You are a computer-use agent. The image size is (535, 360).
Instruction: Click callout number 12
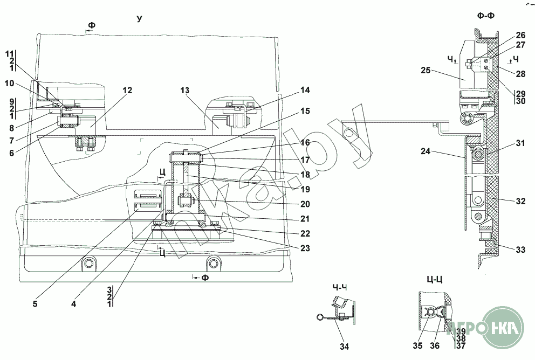tap(127, 91)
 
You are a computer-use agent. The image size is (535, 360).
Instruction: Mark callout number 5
tap(35, 303)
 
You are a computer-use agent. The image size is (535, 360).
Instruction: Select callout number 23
tap(305, 249)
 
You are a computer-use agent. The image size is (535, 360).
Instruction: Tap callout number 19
tap(305, 189)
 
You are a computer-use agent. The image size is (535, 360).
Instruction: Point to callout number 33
tap(520, 250)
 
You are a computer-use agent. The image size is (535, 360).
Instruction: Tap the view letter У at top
tap(140, 19)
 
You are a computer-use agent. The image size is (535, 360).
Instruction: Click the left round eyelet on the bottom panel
tap(87, 264)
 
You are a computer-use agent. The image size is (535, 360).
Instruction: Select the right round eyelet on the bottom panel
tap(214, 264)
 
